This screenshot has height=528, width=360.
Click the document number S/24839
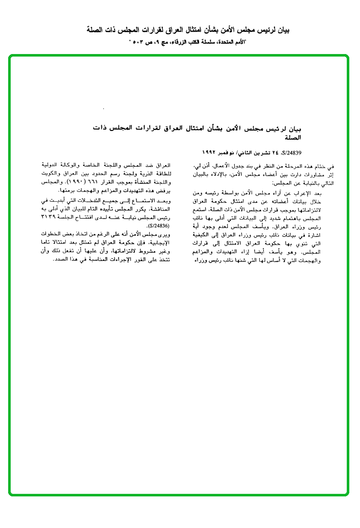pos(293,152)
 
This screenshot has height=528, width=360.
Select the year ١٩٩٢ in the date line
pos(210,152)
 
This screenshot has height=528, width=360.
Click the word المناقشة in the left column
pos(160,209)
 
